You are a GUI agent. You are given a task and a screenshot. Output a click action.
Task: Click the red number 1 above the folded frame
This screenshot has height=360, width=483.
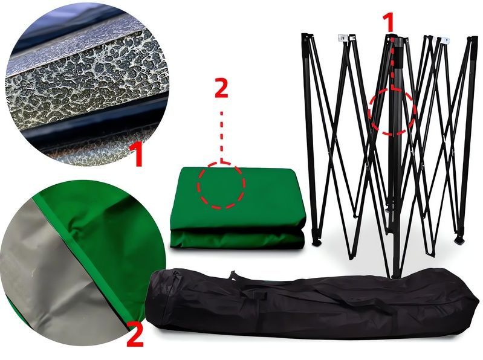pos(389,23)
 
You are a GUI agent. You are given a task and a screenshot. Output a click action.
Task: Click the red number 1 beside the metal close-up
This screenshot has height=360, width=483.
pos(136,154)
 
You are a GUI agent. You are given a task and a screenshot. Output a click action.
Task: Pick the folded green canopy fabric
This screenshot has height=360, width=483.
pos(238,208)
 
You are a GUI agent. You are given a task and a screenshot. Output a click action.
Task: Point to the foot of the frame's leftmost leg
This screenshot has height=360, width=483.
pos(316,242)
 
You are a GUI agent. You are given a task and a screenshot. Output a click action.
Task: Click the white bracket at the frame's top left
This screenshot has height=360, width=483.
pos(342,38)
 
